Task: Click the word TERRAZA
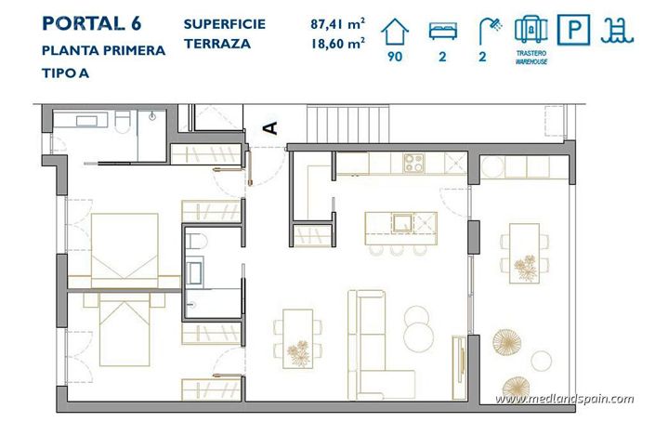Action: (x=217, y=43)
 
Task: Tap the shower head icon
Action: (x=489, y=30)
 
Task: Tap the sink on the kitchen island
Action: (x=401, y=223)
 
